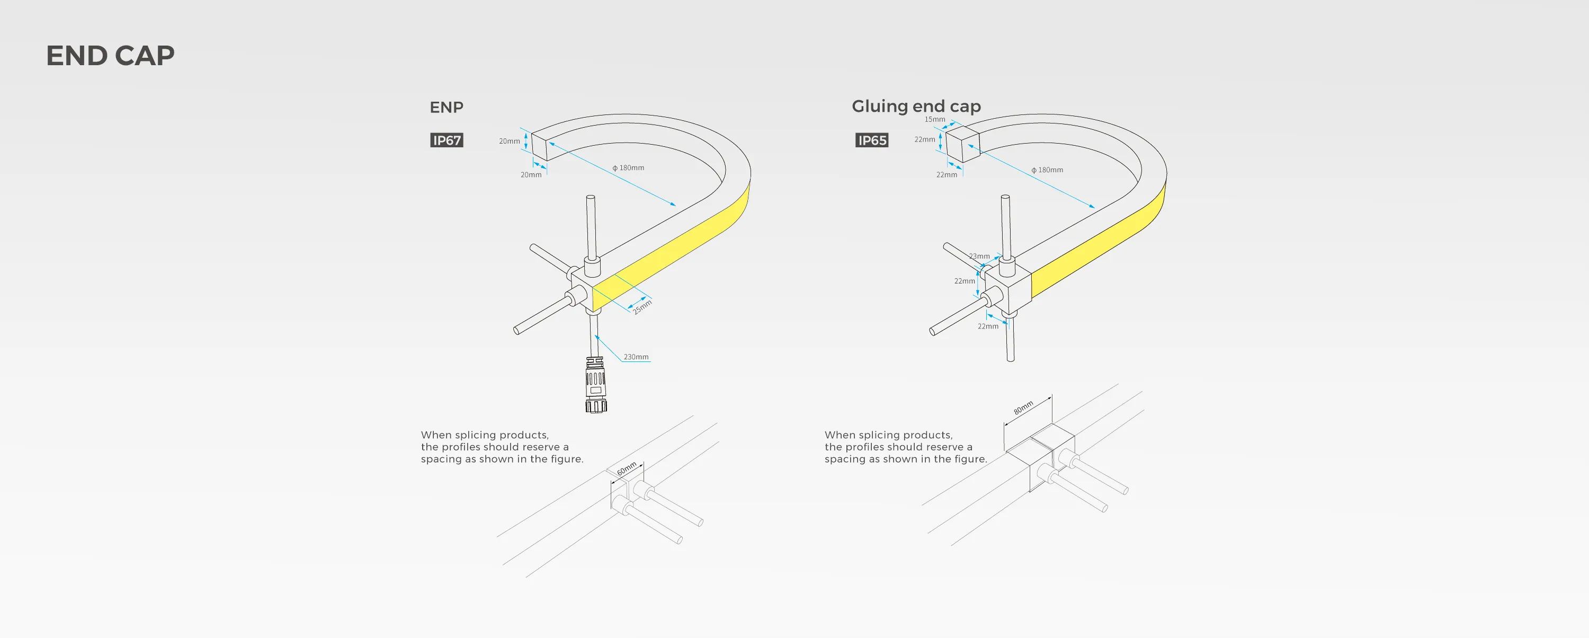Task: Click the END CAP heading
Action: click(110, 56)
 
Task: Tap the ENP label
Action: click(446, 108)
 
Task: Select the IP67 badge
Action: click(447, 140)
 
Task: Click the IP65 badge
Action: click(872, 140)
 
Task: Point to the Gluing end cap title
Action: click(916, 106)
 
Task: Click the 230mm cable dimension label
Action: click(636, 357)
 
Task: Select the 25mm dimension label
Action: click(642, 306)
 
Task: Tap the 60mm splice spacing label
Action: click(627, 468)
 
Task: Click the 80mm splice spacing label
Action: click(1023, 408)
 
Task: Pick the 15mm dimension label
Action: click(934, 119)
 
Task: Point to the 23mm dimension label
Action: click(979, 256)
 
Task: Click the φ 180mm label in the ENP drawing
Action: click(629, 168)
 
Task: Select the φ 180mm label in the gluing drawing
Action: click(1047, 170)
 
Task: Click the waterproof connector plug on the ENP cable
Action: click(595, 386)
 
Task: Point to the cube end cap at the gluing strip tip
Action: click(962, 144)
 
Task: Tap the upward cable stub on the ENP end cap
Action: click(591, 228)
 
